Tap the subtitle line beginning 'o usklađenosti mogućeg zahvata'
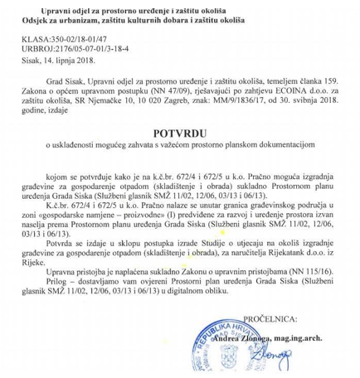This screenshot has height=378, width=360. pyautogui.click(x=180, y=144)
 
